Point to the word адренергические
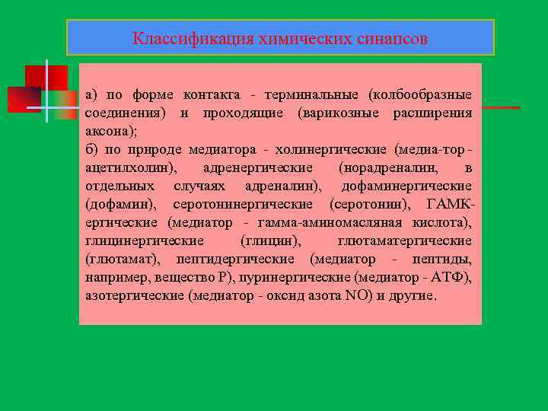pyautogui.click(x=258, y=167)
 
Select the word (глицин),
pyautogui.click(x=271, y=241)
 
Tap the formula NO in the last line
pyautogui.click(x=355, y=295)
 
